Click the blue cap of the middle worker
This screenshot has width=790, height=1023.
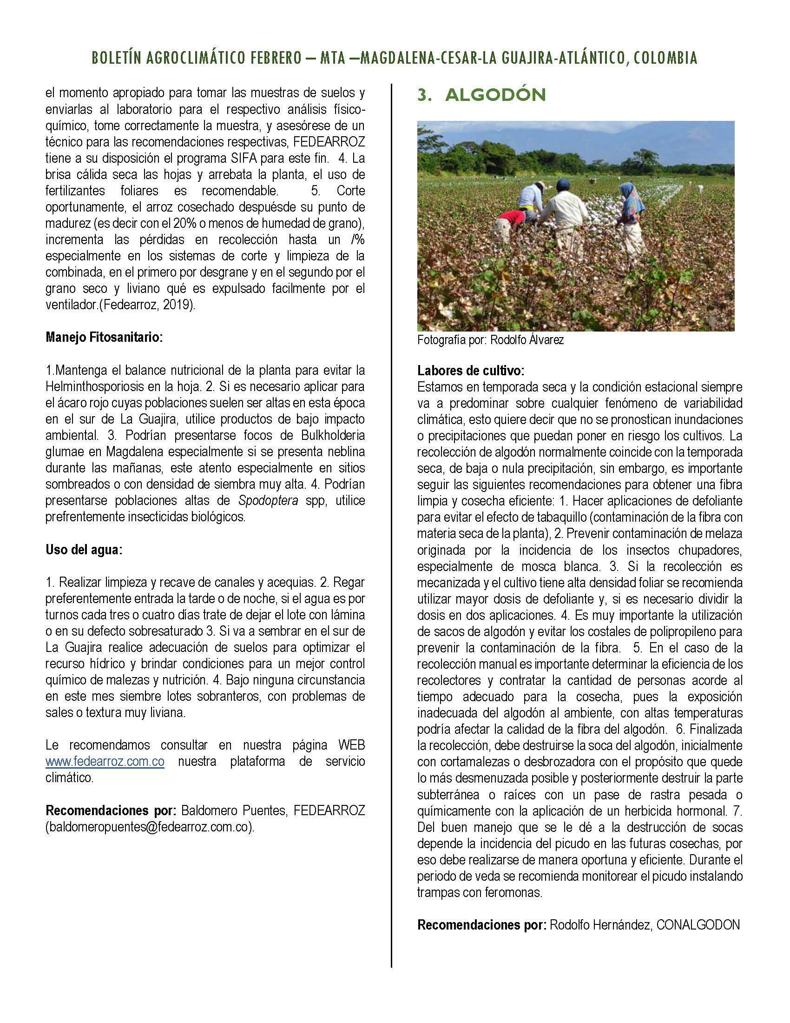click(x=539, y=185)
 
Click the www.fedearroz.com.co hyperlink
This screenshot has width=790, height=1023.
click(x=105, y=762)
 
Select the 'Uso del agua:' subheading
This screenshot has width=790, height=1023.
click(x=84, y=550)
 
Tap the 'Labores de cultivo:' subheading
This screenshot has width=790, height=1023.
click(x=471, y=371)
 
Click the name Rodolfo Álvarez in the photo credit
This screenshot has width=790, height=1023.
click(x=527, y=340)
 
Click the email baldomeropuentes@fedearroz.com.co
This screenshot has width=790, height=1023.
click(x=150, y=827)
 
